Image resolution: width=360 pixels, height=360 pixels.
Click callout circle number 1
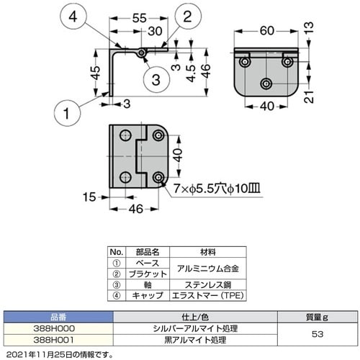click(x=68, y=112)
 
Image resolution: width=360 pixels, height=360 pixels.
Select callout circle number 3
click(x=152, y=78)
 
